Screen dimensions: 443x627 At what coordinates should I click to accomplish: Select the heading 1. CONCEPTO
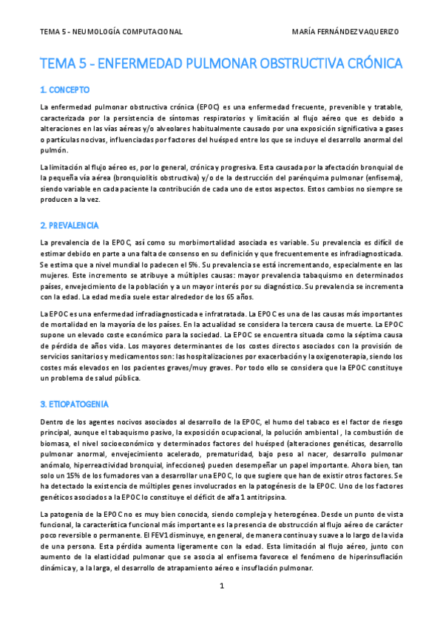pos(65,90)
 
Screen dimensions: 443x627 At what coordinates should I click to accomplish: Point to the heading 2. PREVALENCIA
pos(70,225)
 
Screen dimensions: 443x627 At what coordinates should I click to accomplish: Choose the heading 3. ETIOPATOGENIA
pos(74,404)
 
